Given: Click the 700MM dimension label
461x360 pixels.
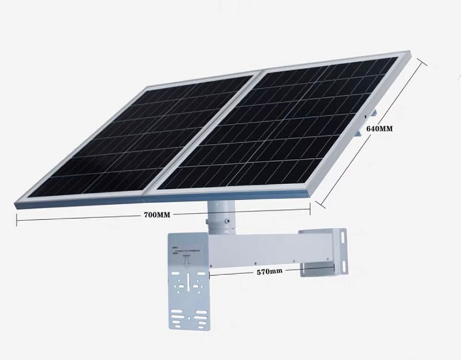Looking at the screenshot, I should pos(157,215).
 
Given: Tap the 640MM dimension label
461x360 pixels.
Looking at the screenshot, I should pos(379,128).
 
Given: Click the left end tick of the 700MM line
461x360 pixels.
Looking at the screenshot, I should pos(17,220).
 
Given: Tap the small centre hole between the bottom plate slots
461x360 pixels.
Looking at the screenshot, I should pos(189,317).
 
